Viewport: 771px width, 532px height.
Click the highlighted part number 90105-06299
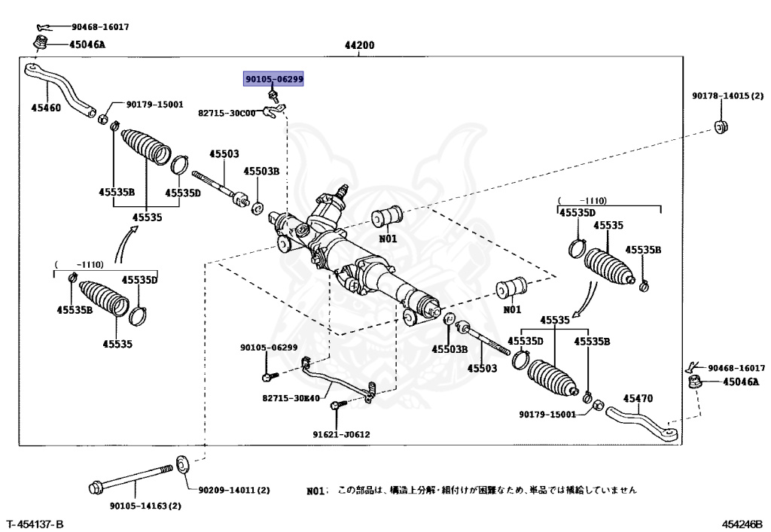click(x=274, y=78)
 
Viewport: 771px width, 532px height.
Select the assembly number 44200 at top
click(x=359, y=45)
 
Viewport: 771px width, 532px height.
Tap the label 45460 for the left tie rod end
click(x=45, y=108)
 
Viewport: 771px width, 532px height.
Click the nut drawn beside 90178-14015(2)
click(x=721, y=126)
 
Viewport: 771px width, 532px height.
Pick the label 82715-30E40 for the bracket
click(x=291, y=398)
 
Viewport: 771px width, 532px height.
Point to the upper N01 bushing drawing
click(x=388, y=216)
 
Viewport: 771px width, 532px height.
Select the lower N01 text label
click(x=511, y=309)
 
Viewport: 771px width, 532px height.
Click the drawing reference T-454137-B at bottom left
click(x=35, y=523)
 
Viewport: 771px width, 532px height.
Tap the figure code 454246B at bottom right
click(x=742, y=523)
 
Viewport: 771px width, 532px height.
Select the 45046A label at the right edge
click(x=741, y=382)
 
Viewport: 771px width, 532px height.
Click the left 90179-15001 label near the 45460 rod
click(x=154, y=105)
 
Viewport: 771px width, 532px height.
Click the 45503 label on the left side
click(x=224, y=154)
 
